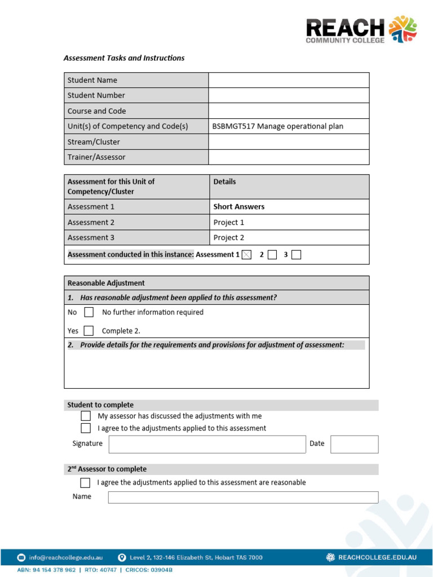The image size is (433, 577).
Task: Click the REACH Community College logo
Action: click(361, 29)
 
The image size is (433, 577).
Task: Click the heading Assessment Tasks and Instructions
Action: click(123, 58)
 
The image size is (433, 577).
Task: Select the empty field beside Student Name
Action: click(289, 80)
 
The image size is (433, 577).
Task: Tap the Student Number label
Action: click(96, 95)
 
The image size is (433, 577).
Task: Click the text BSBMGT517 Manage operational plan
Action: click(277, 126)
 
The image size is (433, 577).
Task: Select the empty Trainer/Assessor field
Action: click(289, 157)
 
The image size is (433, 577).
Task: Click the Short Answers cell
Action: click(238, 207)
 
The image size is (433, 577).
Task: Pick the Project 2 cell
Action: click(229, 238)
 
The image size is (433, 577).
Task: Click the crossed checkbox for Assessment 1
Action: click(246, 255)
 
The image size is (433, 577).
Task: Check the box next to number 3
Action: click(297, 255)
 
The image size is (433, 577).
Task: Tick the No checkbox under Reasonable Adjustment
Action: click(89, 312)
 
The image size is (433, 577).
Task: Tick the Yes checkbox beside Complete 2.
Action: click(89, 331)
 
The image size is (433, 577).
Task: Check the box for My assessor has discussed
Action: click(86, 416)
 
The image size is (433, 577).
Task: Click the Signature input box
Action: click(207, 444)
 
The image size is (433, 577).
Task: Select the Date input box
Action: click(354, 444)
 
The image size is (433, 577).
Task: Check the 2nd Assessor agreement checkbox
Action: click(85, 482)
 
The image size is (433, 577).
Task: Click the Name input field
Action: click(243, 497)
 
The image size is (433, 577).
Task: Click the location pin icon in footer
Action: click(122, 557)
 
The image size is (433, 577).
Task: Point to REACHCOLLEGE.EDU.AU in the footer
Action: click(377, 557)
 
